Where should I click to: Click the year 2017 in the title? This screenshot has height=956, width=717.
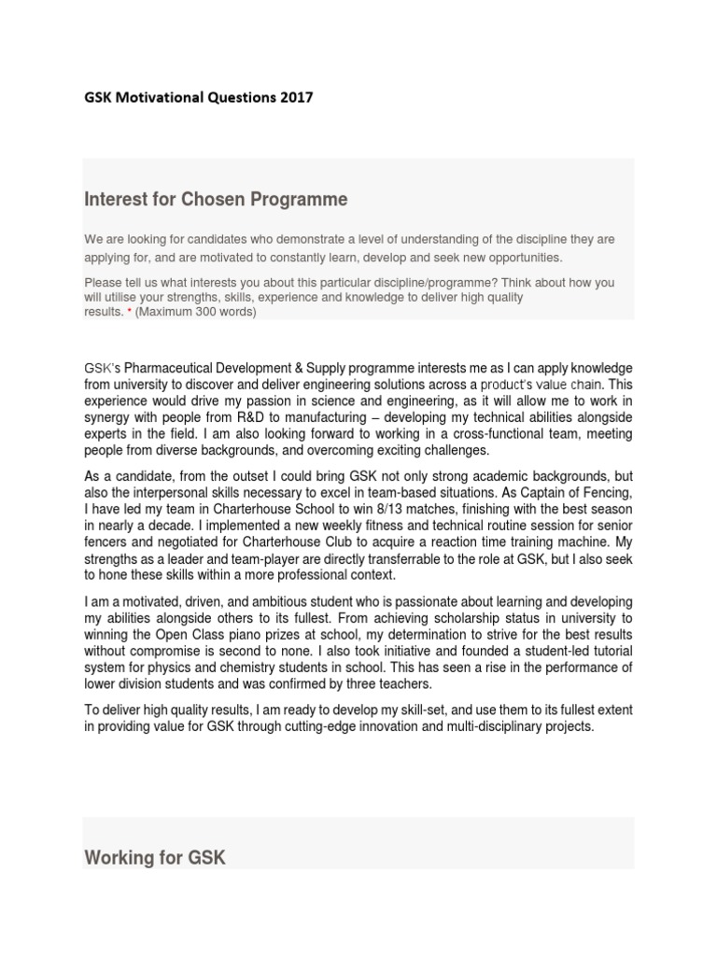click(296, 97)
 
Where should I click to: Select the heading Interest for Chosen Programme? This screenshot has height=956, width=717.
click(216, 200)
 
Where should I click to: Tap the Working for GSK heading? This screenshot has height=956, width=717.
click(155, 857)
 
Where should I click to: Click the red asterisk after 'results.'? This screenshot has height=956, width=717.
click(129, 312)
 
